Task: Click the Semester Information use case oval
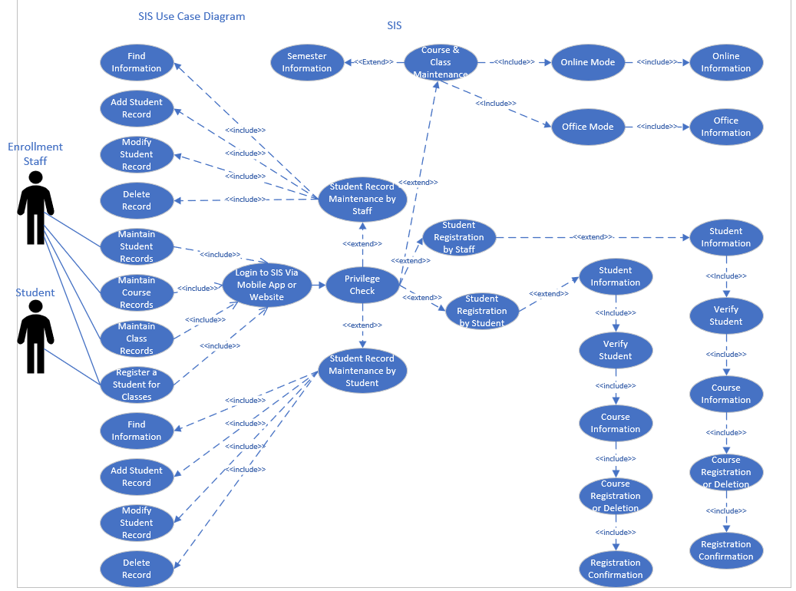point(306,62)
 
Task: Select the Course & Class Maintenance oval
point(441,62)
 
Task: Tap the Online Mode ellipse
point(587,62)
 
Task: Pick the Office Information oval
point(725,127)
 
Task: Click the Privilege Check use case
point(362,285)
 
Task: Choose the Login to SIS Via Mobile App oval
point(266,285)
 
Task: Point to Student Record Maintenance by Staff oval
point(362,199)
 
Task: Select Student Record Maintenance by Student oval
point(362,371)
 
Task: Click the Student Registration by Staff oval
point(459,237)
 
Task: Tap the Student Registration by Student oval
point(482,311)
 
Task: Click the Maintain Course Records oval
point(137,292)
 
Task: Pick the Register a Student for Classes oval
point(137,385)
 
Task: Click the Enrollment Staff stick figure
point(35,207)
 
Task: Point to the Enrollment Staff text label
point(35,154)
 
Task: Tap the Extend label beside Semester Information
point(374,62)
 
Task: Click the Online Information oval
point(725,62)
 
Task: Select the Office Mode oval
point(587,127)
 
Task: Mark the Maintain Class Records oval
point(137,338)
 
